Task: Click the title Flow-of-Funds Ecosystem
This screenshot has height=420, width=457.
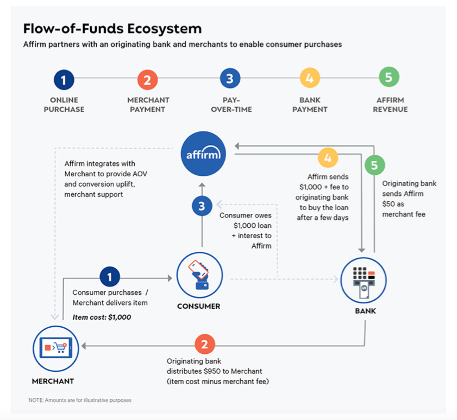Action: [x=112, y=28]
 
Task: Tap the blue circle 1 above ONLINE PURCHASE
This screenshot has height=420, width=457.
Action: [x=64, y=80]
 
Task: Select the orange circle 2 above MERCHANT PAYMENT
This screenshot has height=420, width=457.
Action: [x=147, y=80]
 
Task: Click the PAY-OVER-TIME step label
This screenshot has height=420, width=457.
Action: [x=230, y=105]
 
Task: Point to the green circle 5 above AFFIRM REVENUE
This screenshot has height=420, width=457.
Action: [x=389, y=78]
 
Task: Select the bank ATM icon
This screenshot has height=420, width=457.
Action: [x=364, y=281]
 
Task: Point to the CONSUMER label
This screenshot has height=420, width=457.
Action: [x=199, y=306]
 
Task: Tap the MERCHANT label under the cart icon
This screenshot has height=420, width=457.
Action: [x=53, y=381]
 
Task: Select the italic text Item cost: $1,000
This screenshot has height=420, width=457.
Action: [x=102, y=317]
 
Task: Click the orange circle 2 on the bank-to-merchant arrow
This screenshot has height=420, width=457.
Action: [x=204, y=345]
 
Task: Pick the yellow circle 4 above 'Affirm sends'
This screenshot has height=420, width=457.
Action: [x=328, y=158]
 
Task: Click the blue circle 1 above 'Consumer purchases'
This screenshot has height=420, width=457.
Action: [x=110, y=278]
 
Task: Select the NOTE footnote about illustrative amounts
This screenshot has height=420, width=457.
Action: [x=80, y=400]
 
